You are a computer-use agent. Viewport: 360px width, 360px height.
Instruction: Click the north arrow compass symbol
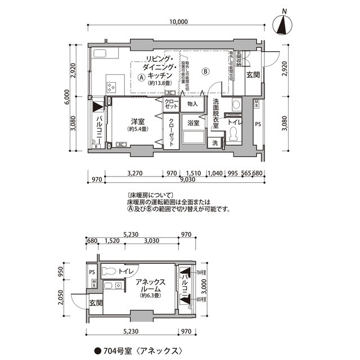click(x=285, y=25)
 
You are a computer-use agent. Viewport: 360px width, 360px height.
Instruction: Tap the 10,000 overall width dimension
click(x=178, y=22)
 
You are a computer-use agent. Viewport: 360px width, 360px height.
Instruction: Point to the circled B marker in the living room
click(x=206, y=71)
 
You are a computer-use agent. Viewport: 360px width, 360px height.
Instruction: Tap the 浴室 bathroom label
click(x=193, y=122)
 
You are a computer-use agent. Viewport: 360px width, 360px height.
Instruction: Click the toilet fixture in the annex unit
click(x=112, y=271)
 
